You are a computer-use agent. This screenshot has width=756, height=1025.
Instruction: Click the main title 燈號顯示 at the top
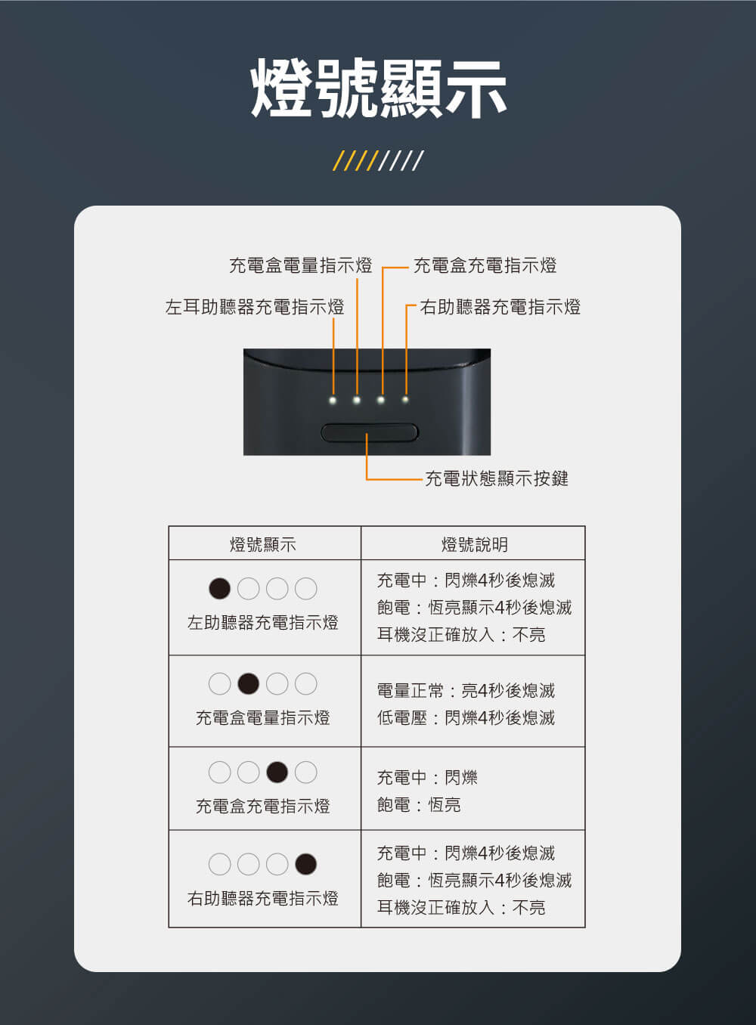tap(379, 88)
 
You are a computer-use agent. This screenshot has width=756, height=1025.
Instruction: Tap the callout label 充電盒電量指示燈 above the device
tap(301, 265)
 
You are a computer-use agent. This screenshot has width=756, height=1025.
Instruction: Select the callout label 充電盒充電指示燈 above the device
tap(485, 265)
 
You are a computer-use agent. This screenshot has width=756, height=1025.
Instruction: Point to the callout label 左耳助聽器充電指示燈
tap(255, 307)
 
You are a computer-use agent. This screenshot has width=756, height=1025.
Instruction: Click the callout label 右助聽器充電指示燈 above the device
tap(500, 307)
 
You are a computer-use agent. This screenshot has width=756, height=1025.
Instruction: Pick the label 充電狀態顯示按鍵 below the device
tap(497, 478)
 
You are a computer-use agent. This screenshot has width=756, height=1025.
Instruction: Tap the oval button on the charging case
tap(370, 432)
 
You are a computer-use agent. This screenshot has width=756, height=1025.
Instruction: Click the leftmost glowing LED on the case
tap(333, 401)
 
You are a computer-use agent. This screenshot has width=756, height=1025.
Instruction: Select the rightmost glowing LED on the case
tap(405, 399)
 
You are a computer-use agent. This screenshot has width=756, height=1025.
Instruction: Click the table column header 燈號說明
tap(475, 544)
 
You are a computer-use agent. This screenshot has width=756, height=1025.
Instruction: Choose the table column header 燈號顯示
tap(263, 544)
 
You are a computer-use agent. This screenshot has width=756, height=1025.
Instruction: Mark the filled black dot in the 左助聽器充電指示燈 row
tap(220, 588)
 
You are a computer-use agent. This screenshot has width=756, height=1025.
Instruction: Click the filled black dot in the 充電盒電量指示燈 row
tap(249, 683)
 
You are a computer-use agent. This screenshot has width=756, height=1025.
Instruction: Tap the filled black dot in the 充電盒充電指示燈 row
tap(277, 773)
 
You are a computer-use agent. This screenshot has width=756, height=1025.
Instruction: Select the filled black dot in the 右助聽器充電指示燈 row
tap(305, 864)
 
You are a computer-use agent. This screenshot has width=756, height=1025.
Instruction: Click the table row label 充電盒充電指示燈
tap(263, 807)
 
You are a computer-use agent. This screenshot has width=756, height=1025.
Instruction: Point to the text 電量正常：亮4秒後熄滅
tap(466, 690)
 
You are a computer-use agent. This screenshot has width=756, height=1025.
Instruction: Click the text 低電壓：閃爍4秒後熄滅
tap(466, 717)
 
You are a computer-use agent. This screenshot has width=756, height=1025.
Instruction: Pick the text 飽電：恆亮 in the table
tap(419, 804)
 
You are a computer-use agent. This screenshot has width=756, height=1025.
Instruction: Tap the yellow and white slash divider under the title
tap(379, 160)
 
